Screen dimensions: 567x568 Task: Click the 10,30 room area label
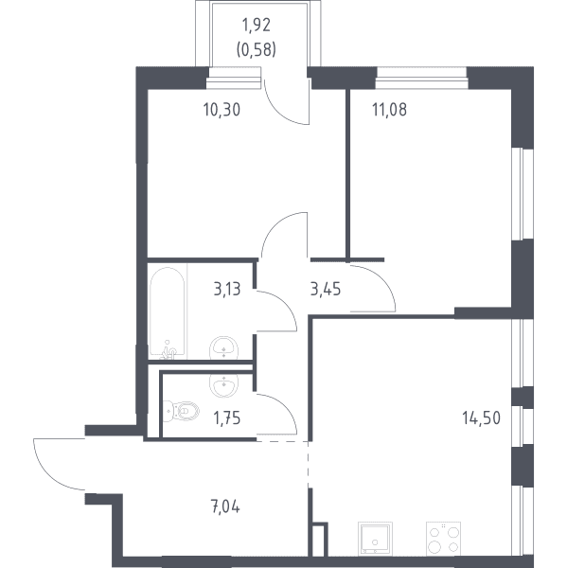(221, 110)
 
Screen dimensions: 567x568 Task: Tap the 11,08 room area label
(389, 110)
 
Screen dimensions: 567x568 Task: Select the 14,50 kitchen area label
(482, 418)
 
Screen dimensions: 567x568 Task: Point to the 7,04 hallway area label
(225, 506)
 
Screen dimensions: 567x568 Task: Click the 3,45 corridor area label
(326, 290)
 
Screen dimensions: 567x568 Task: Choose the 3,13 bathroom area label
(227, 290)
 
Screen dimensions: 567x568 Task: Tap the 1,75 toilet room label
(227, 418)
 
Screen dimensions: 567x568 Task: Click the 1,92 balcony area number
(257, 26)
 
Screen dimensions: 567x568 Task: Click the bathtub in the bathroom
(167, 313)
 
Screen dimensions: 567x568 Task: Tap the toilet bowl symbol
(181, 411)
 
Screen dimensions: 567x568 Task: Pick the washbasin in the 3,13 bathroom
(223, 347)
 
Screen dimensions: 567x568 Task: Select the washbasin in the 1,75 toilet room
(223, 384)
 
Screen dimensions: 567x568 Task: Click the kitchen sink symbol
(375, 539)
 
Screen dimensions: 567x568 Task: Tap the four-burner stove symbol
(443, 539)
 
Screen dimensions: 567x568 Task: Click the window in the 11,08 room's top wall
(422, 79)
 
